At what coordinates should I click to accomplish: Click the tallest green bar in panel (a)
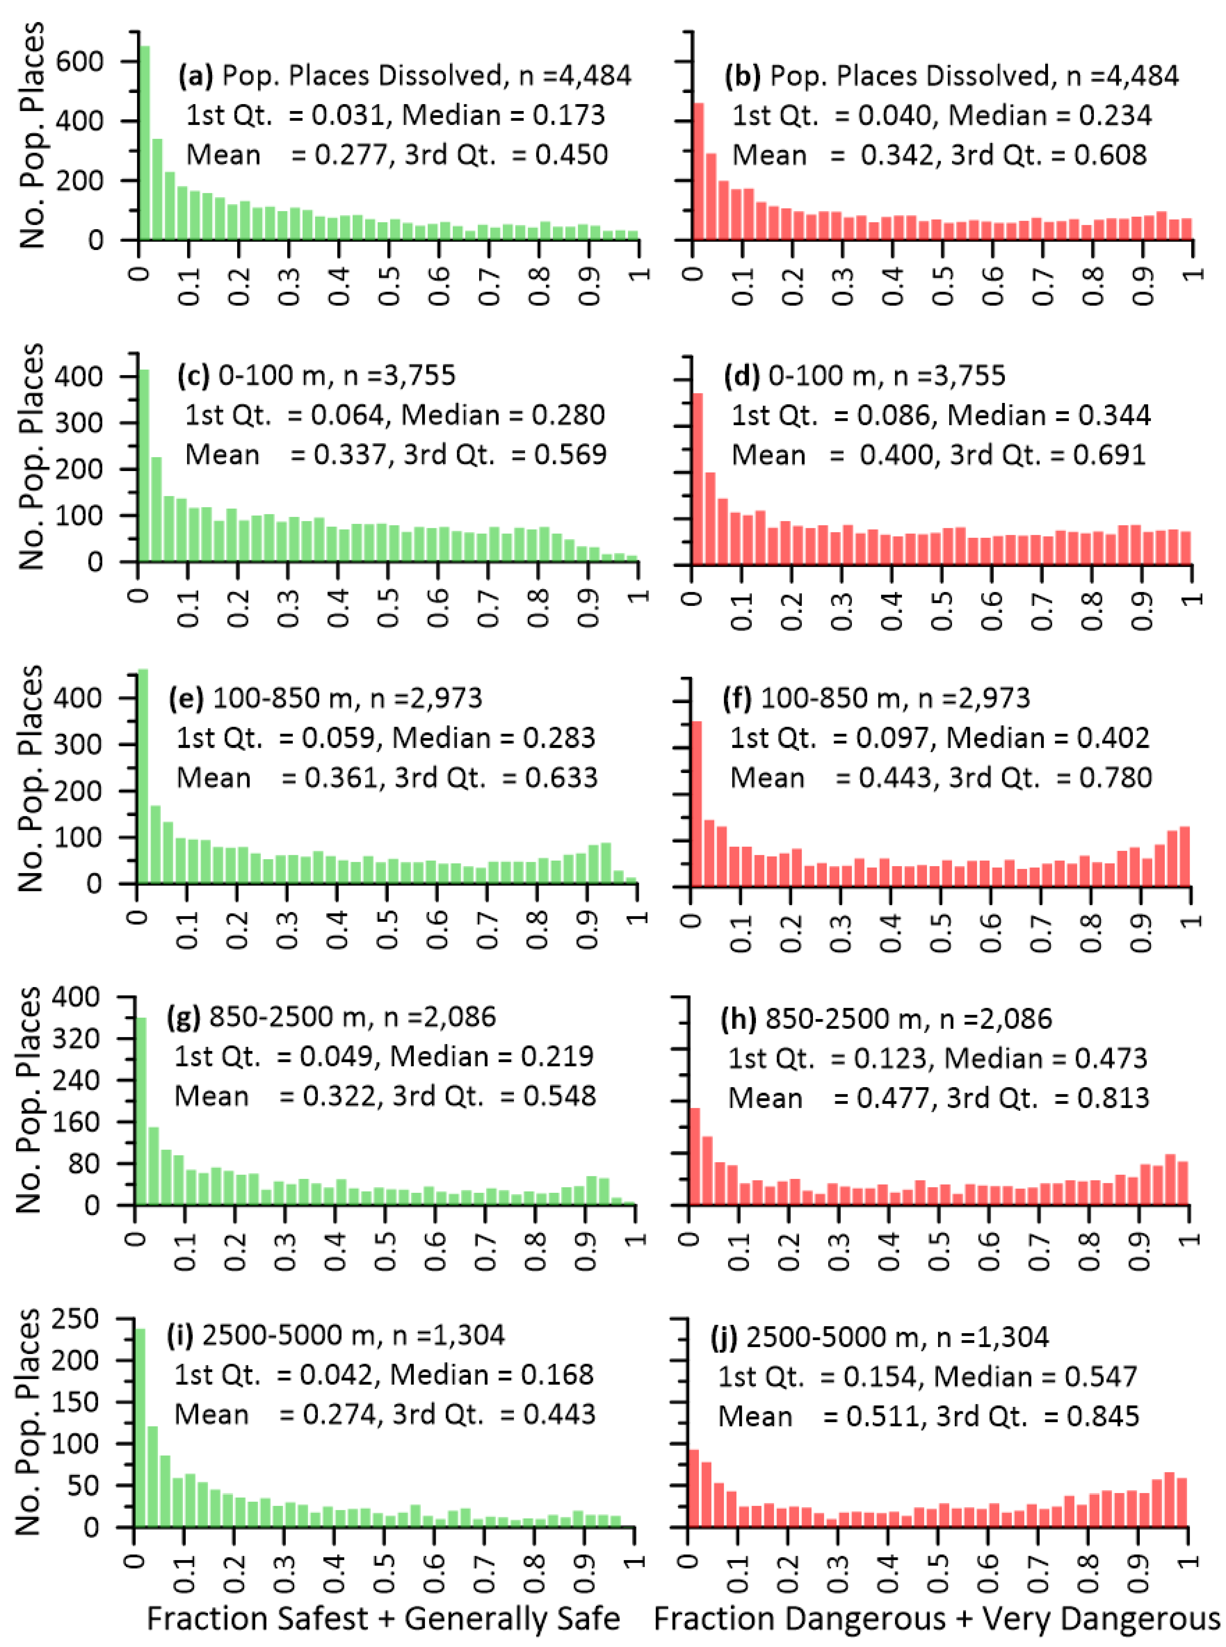pyautogui.click(x=145, y=142)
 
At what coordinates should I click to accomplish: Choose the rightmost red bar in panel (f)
pyautogui.click(x=1184, y=856)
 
